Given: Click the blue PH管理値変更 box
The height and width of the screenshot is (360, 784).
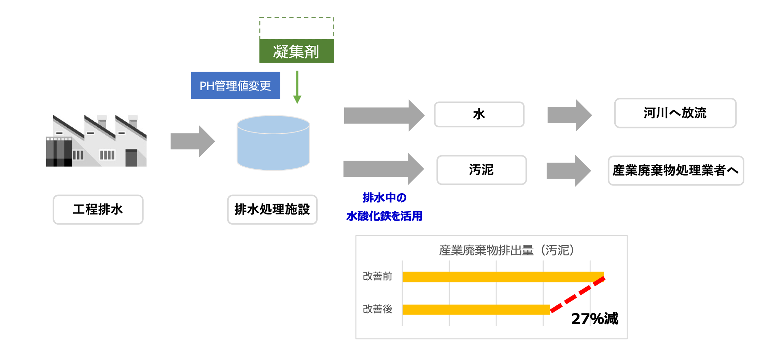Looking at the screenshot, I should pos(235,85).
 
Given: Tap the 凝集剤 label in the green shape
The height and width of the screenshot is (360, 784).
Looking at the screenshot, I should pos(296,52).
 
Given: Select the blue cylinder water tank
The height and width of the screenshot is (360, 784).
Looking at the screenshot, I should pos(273,143).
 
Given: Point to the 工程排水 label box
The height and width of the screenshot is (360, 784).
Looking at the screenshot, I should pos(98,209).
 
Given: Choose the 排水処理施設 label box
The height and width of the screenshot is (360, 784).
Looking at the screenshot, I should pos(272,209).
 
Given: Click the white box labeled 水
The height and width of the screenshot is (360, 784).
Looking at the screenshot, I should pos(479,114).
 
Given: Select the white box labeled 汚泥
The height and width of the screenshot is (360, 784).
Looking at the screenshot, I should pos(481,170).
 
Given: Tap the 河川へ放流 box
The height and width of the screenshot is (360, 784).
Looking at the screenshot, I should pos(675,113).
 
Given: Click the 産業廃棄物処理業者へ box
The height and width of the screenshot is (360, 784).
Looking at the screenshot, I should pos(676,170).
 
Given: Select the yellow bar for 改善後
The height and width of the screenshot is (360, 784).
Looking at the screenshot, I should pos(476,309).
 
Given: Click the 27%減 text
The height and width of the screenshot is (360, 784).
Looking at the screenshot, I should pos(594,319).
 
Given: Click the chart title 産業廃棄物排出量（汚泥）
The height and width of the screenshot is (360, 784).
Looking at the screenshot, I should pos(506,250).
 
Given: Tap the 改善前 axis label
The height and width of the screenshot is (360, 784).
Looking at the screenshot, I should pos(377,276).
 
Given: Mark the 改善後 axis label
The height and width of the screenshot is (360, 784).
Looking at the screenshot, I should pos(377,309).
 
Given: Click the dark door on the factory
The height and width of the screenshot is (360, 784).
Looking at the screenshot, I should pos(131,157).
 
